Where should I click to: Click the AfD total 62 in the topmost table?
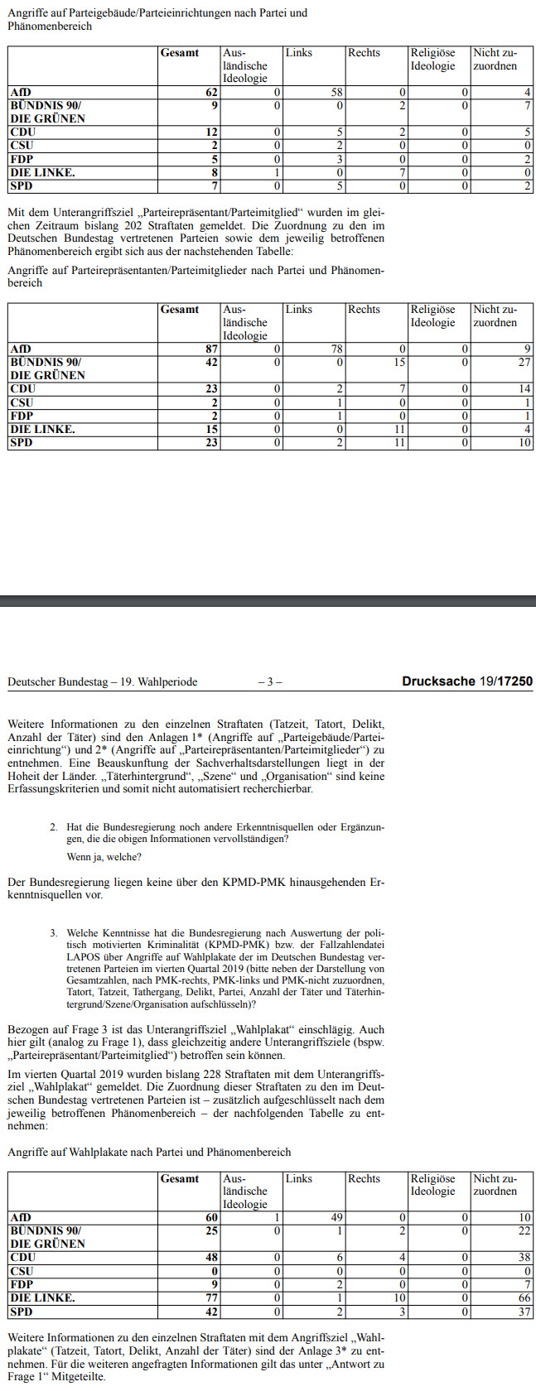211,93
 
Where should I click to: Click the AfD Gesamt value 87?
211,349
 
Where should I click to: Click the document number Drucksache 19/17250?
467,681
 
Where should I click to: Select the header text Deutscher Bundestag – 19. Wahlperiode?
103,682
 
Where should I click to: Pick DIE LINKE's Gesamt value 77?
211,1297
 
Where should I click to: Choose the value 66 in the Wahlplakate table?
523,1297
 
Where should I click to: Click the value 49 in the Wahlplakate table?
336,1218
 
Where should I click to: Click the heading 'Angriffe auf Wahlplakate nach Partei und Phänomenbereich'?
149,1152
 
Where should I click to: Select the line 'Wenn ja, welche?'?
104,857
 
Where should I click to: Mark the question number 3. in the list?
53,932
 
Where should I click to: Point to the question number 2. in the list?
53,826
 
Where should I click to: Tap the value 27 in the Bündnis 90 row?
523,363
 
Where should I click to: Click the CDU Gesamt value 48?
211,1258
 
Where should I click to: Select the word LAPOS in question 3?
84,956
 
